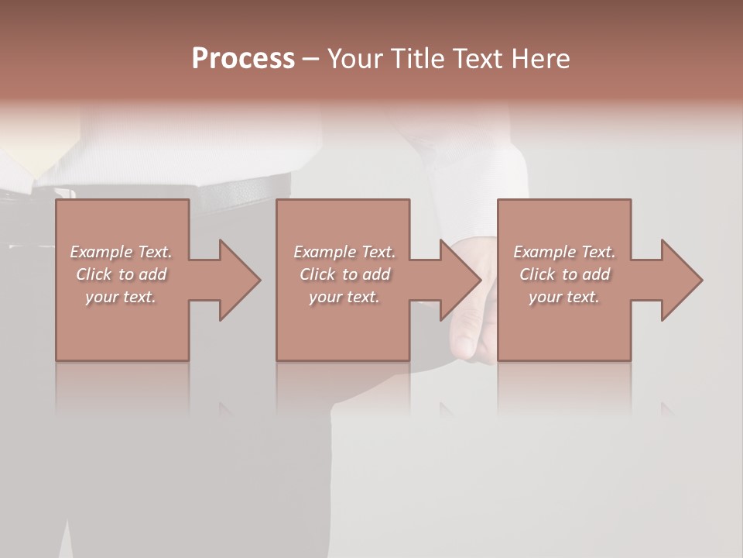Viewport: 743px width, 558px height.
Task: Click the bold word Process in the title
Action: pyautogui.click(x=243, y=59)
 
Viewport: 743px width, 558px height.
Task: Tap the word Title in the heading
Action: pyautogui.click(x=417, y=59)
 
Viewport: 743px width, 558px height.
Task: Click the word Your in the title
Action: pyautogui.click(x=356, y=59)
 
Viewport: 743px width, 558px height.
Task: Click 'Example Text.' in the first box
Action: pyautogui.click(x=121, y=252)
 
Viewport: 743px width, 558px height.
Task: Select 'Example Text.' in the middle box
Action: pyautogui.click(x=344, y=252)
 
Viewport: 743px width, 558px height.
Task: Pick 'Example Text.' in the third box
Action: pyautogui.click(x=564, y=252)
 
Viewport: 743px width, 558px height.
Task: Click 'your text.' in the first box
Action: pyautogui.click(x=121, y=297)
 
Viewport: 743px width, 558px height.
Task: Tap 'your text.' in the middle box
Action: pyautogui.click(x=344, y=297)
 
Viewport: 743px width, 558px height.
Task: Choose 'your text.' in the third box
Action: pyautogui.click(x=564, y=297)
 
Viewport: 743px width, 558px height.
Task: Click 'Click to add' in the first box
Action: pyautogui.click(x=121, y=274)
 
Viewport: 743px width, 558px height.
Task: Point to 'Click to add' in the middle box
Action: pyautogui.click(x=344, y=274)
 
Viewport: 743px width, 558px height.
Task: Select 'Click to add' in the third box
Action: pyautogui.click(x=564, y=274)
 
